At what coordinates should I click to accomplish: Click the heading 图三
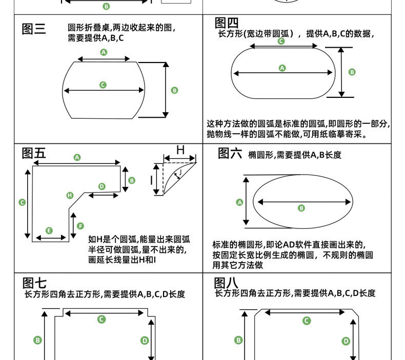click(34, 29)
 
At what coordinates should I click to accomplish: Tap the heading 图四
click(227, 23)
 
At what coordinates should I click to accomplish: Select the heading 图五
click(34, 153)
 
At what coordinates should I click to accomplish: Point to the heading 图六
click(229, 154)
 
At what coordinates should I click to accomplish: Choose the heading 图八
click(226, 283)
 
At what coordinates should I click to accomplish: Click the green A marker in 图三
click(104, 52)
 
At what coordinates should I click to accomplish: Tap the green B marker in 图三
click(174, 90)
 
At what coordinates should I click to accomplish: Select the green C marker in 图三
click(103, 84)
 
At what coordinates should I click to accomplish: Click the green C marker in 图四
click(281, 41)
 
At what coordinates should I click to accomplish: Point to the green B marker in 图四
click(352, 72)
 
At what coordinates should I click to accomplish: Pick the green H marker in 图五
click(70, 195)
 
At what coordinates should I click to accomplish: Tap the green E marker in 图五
click(49, 230)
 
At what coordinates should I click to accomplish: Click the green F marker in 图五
click(80, 226)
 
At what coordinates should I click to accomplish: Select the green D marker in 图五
click(102, 186)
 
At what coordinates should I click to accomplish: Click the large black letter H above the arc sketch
click(180, 150)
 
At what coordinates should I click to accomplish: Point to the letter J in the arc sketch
click(180, 173)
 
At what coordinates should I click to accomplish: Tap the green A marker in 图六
click(239, 202)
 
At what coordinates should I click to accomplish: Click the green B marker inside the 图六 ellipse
click(301, 208)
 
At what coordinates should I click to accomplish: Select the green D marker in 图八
click(346, 341)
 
